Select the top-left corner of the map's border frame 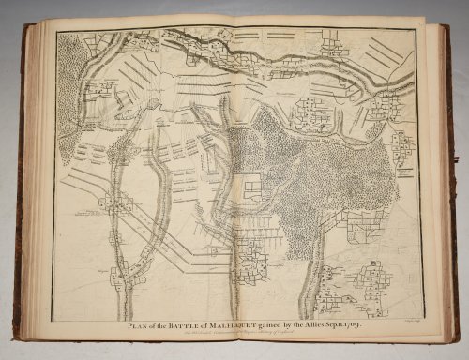coord(55,34)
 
